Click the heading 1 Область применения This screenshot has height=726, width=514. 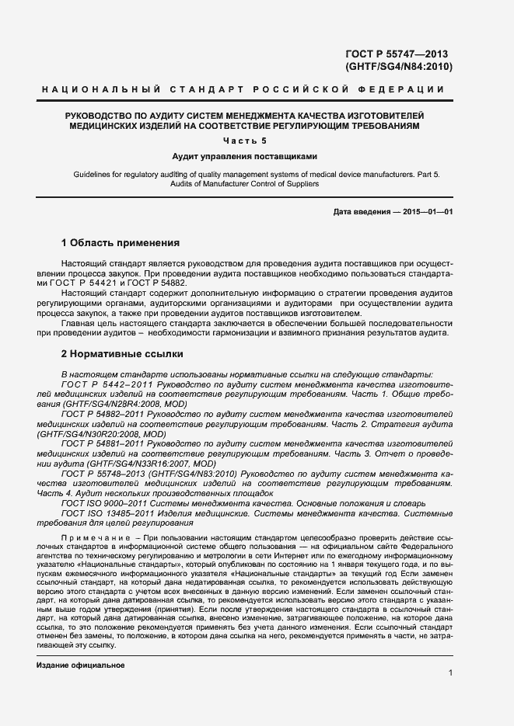(x=120, y=242)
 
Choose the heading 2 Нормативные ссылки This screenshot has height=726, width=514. (x=122, y=354)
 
